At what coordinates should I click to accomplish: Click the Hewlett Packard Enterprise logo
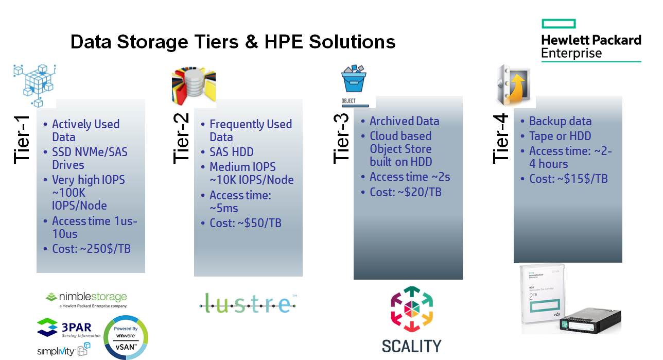591,41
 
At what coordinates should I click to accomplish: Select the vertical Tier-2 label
182,139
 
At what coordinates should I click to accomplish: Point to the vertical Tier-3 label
342,139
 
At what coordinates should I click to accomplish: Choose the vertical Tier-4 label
501,139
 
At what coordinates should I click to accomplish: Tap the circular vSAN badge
126,337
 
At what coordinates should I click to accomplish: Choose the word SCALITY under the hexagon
411,346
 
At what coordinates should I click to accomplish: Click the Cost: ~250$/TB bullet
91,249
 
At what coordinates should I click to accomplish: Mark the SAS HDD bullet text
231,152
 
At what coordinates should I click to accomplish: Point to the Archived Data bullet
404,121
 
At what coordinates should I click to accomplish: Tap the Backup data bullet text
560,121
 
